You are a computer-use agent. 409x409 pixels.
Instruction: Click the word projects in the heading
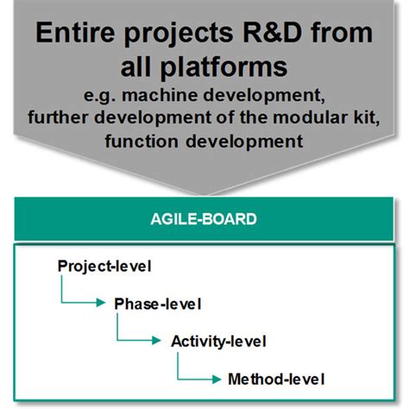coord(173,37)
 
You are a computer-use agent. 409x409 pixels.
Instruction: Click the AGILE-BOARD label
coord(204,219)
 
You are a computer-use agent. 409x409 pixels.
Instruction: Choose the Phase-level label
coord(157,303)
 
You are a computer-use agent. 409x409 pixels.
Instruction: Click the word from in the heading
coord(337,37)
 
